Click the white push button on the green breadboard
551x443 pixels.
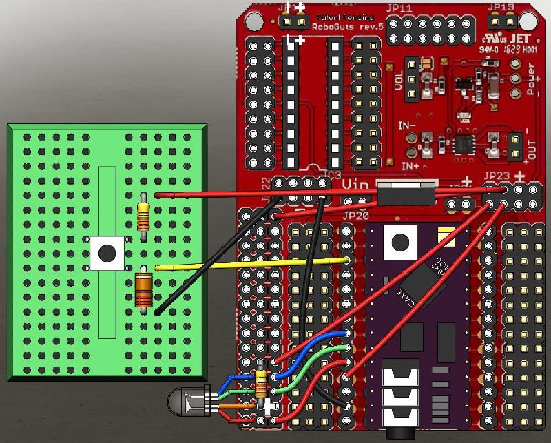[107, 253]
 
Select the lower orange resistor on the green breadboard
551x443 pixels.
[143, 289]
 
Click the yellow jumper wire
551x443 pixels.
[248, 262]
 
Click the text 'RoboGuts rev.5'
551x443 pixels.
[343, 28]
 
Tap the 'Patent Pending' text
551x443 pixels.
[345, 17]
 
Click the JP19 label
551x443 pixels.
[501, 8]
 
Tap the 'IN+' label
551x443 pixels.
[410, 166]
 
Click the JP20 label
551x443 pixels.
[355, 215]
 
